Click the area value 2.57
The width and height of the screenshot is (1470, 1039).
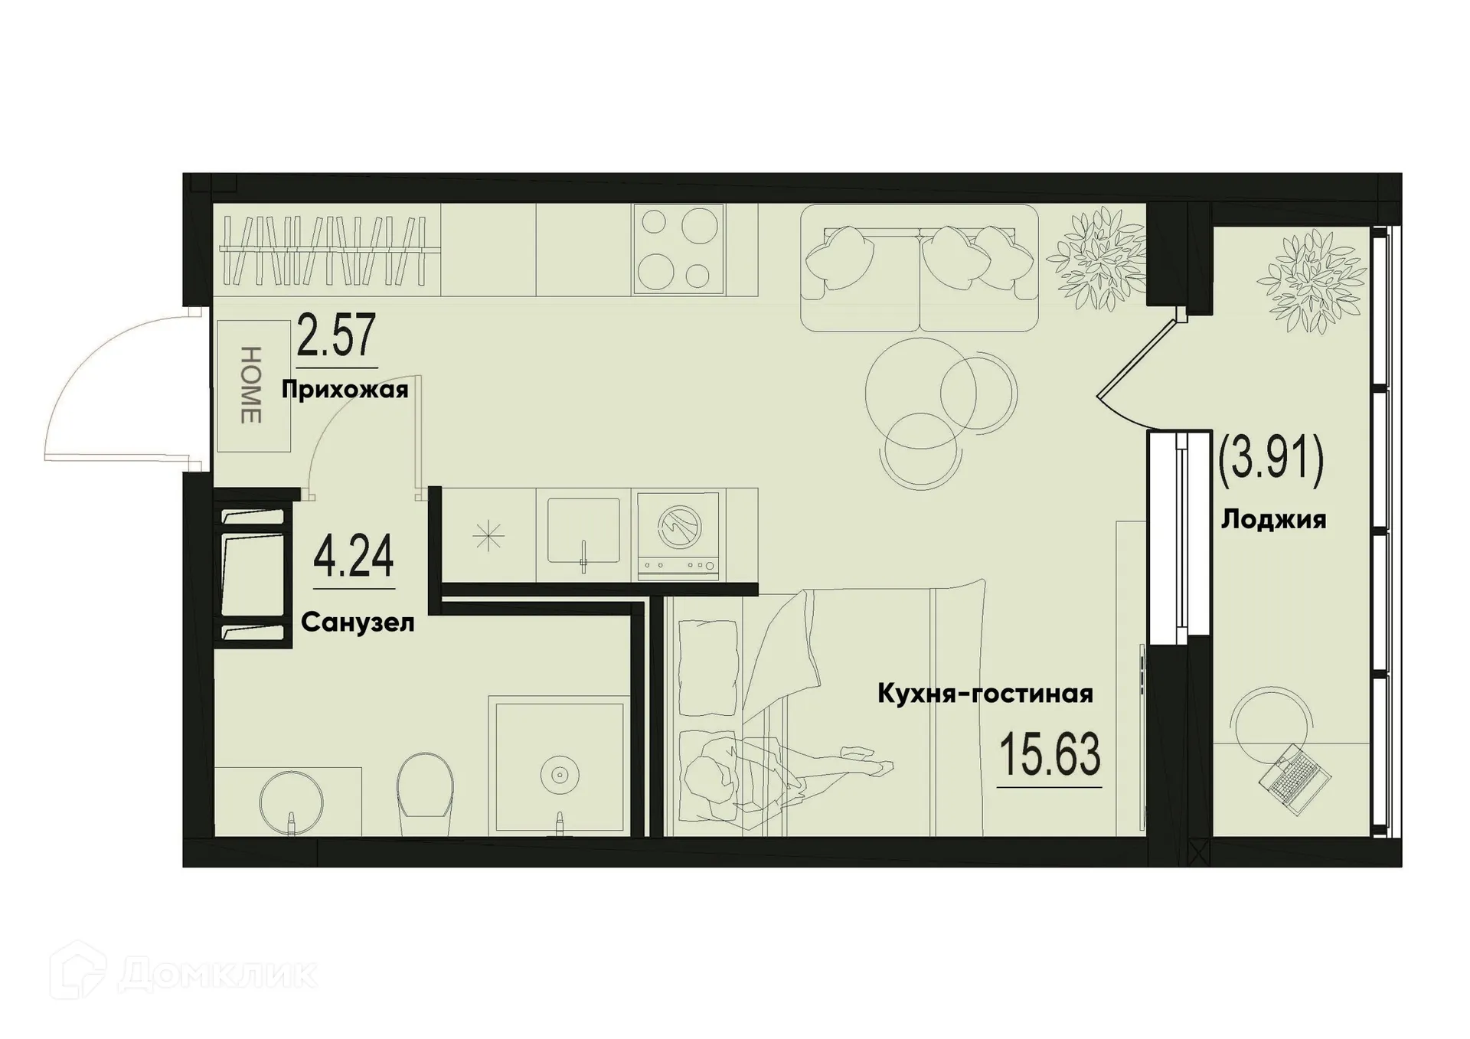[x=336, y=336]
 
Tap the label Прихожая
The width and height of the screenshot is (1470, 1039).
[x=345, y=390]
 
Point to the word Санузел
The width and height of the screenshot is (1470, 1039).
[x=358, y=622]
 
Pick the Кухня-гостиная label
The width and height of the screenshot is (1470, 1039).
[x=985, y=694]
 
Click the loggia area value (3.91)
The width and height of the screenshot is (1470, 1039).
[x=1271, y=462]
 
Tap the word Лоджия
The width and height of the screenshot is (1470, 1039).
[x=1272, y=520]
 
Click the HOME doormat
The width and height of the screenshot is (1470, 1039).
[x=253, y=385]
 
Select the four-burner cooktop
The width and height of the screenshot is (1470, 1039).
[x=678, y=250]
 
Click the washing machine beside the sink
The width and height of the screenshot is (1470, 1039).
[x=679, y=534]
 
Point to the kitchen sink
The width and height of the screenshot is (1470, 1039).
[x=583, y=531]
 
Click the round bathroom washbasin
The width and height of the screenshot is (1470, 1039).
[x=291, y=802]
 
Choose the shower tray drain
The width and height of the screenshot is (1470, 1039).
[x=559, y=776]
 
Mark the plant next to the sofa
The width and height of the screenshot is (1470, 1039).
[x=1096, y=260]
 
